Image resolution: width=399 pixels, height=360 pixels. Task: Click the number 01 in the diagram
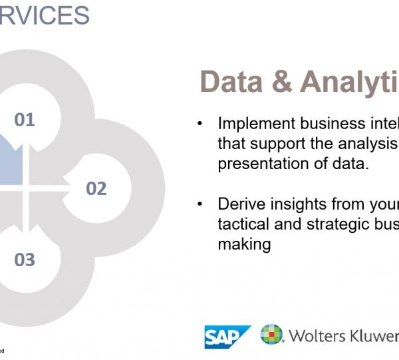pyautogui.click(x=25, y=120)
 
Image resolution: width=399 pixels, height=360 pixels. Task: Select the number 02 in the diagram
pyautogui.click(x=96, y=189)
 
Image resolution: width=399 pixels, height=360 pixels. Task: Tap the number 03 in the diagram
pyautogui.click(x=25, y=260)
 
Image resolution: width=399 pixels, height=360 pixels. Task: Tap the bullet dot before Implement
pyautogui.click(x=199, y=124)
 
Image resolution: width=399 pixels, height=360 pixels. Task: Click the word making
pyautogui.click(x=244, y=244)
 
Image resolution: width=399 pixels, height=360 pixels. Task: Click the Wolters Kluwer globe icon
pyautogui.click(x=271, y=335)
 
